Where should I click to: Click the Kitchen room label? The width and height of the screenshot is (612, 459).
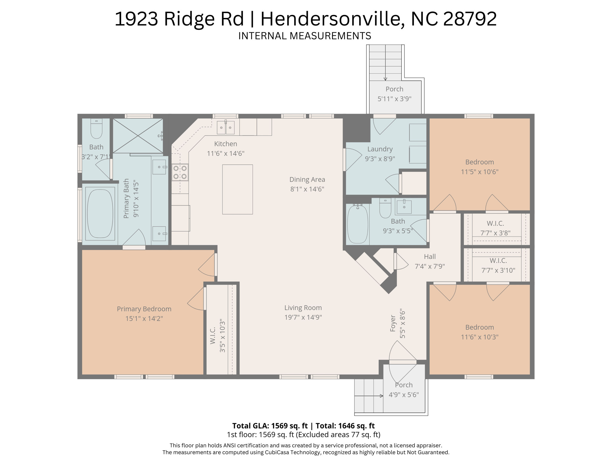(x=226, y=144)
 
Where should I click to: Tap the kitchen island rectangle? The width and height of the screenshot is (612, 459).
(x=238, y=189)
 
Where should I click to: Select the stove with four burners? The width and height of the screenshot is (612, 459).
(x=180, y=172)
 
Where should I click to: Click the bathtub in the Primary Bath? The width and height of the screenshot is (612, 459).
(x=100, y=214)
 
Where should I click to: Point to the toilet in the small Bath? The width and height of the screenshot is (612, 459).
(x=96, y=129)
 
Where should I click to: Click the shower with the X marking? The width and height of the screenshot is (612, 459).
(x=138, y=136)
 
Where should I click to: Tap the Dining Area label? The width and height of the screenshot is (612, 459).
(x=307, y=179)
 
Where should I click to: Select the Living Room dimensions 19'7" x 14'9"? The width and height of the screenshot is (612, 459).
(x=303, y=317)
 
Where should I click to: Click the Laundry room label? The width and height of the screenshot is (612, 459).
(x=380, y=149)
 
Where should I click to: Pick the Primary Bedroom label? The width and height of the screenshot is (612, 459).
(x=144, y=309)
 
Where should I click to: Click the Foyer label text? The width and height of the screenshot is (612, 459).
(x=393, y=323)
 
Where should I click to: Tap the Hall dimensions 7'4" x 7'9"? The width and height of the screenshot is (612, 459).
(x=430, y=266)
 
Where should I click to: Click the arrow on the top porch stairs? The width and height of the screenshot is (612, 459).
(x=385, y=63)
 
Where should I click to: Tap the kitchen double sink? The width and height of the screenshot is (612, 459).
(x=226, y=128)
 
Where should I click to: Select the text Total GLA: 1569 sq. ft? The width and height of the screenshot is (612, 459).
(x=270, y=426)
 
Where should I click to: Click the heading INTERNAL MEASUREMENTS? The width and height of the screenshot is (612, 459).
(x=305, y=36)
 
